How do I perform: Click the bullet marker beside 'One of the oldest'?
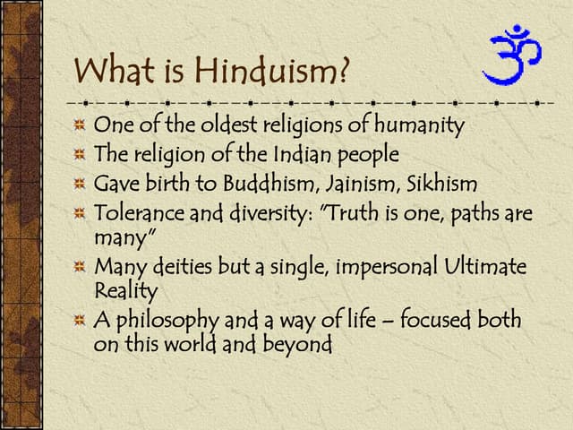[80, 125]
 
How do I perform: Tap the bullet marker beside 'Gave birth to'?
[80, 185]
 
